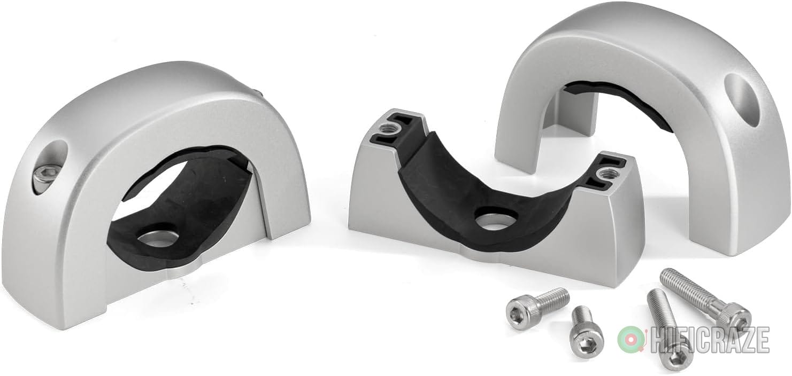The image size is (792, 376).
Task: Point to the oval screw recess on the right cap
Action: tap(744, 100)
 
